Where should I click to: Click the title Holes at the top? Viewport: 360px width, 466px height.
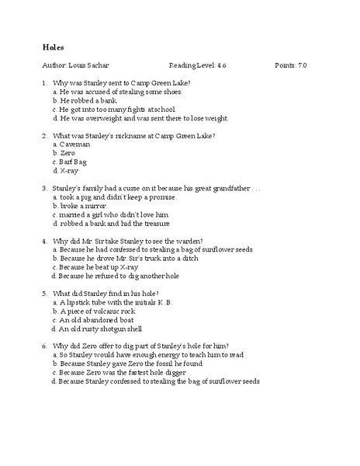pyautogui.click(x=53, y=47)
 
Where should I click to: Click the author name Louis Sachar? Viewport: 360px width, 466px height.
pyautogui.click(x=84, y=65)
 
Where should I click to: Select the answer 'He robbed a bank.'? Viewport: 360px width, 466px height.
pyautogui.click(x=92, y=100)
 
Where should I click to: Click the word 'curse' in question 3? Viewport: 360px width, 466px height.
pyautogui.click(x=127, y=188)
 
